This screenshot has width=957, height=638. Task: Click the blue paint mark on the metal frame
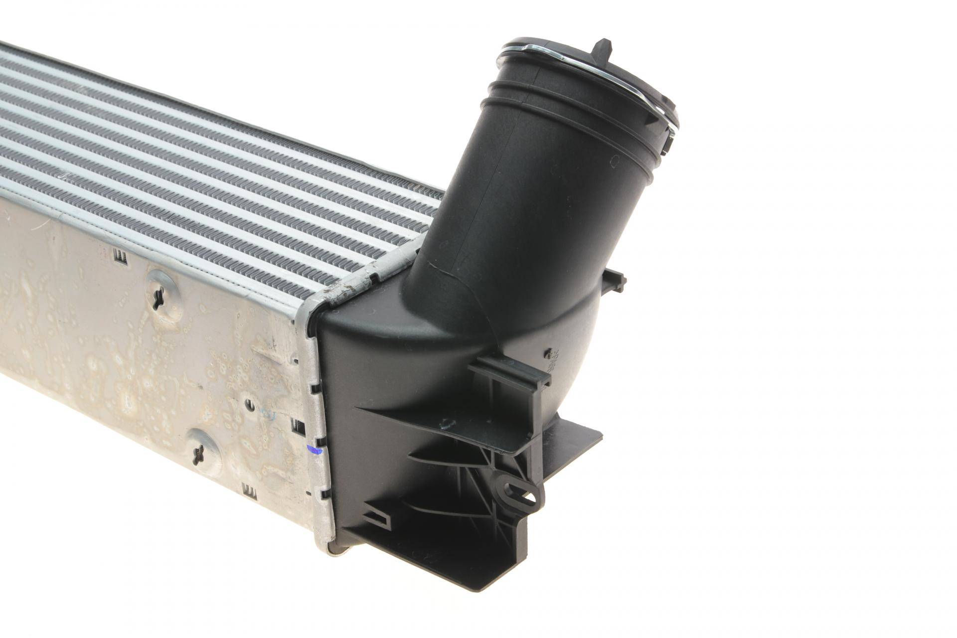(x=315, y=452)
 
